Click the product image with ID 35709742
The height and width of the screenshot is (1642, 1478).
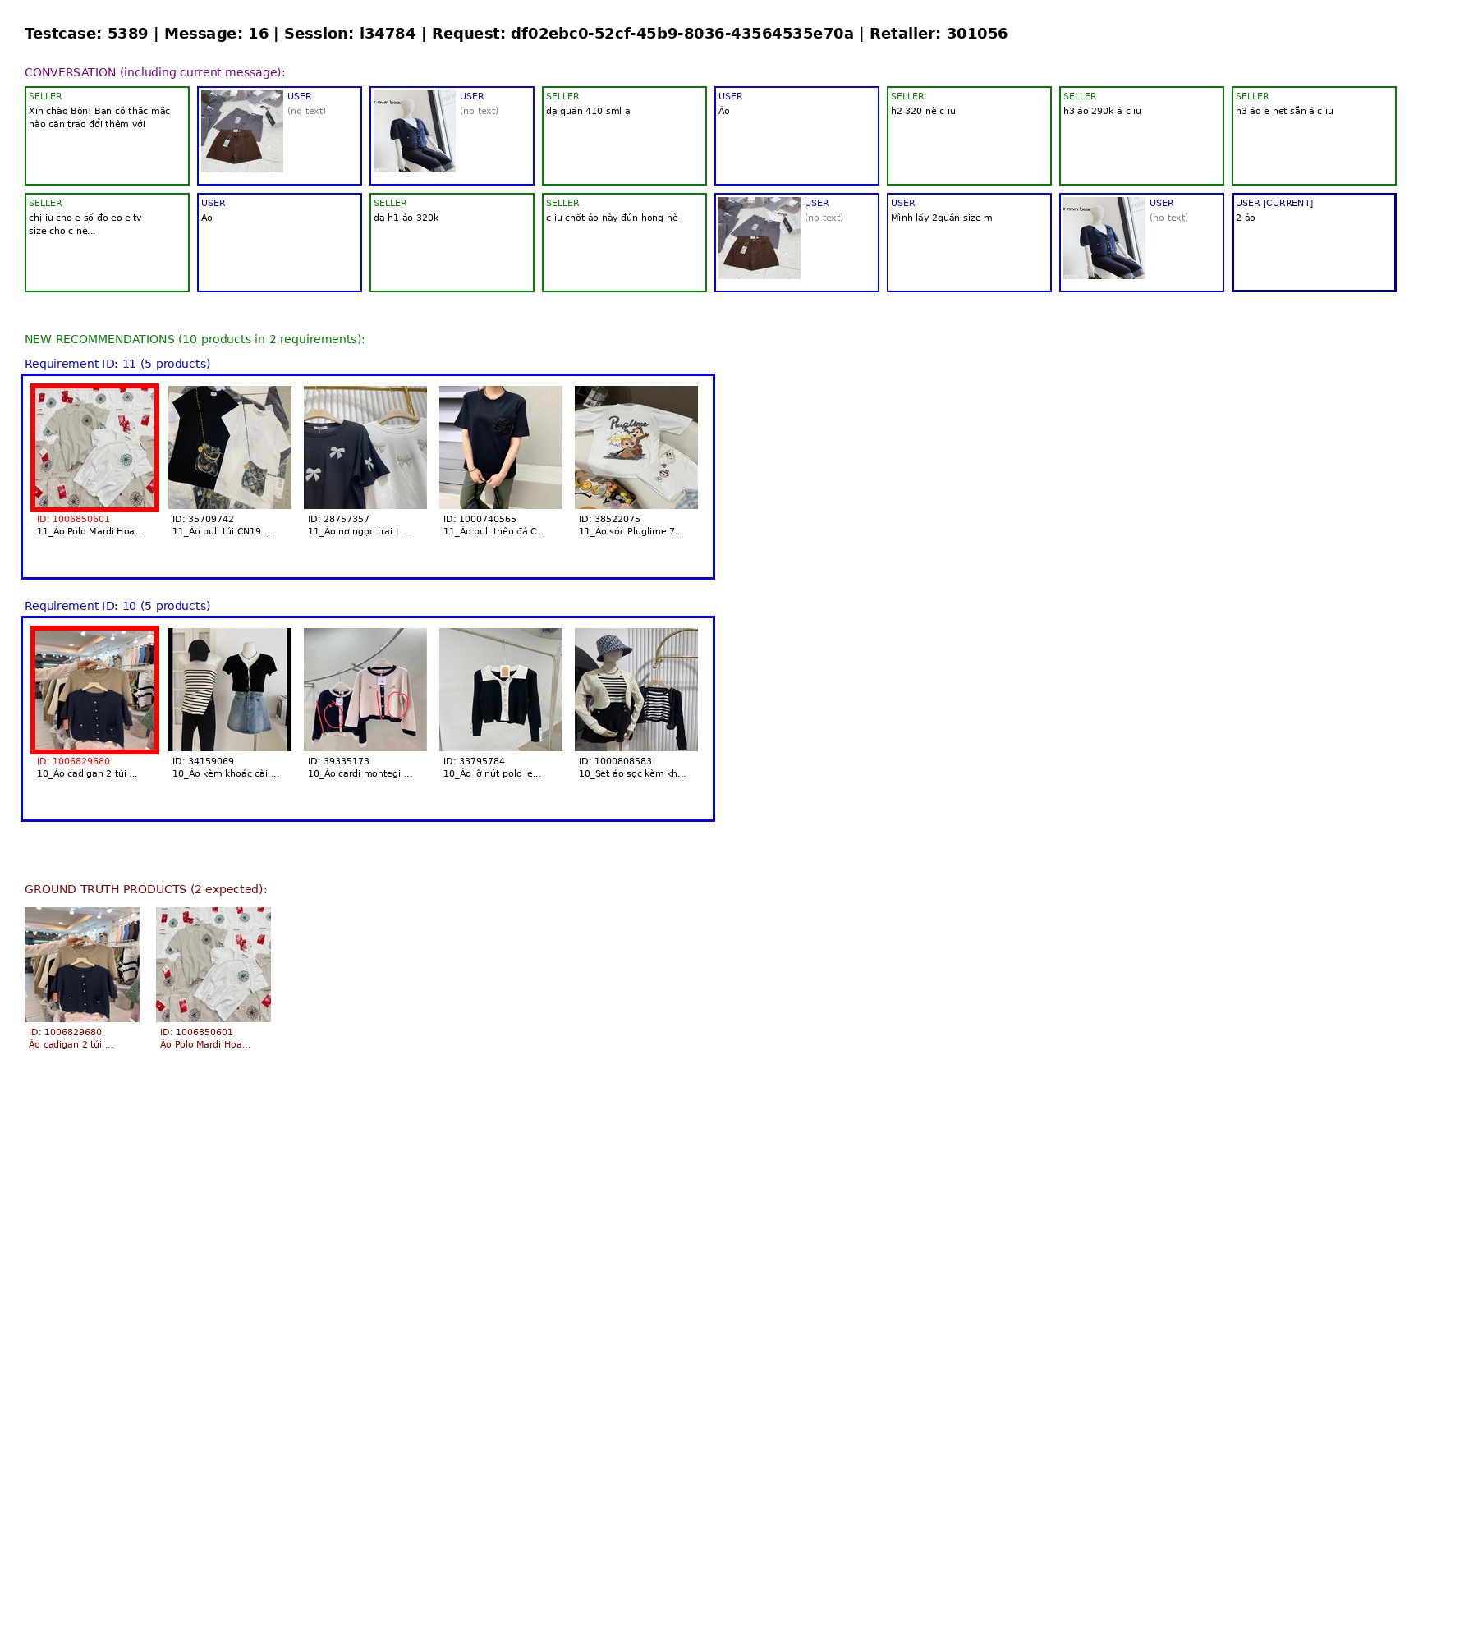click(x=230, y=447)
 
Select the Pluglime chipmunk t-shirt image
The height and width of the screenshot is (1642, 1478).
click(x=636, y=447)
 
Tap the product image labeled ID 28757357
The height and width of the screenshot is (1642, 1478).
click(x=365, y=447)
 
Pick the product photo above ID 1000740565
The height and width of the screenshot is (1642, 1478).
click(x=501, y=447)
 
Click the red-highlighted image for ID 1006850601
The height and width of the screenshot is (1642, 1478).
click(x=94, y=447)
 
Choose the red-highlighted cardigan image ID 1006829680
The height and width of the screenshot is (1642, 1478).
click(x=94, y=690)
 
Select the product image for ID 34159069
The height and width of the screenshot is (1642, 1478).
click(x=230, y=690)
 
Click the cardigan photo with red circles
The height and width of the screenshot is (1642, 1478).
click(x=365, y=690)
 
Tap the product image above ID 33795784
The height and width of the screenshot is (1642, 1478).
click(x=501, y=690)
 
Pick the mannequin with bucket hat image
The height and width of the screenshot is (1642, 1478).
click(x=636, y=690)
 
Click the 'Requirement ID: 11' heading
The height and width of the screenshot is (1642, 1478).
click(x=117, y=364)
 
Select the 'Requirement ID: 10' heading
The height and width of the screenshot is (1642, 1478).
click(x=117, y=606)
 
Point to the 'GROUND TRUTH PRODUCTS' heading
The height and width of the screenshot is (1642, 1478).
click(x=145, y=889)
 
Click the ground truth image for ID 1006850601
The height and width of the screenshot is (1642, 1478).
click(x=213, y=965)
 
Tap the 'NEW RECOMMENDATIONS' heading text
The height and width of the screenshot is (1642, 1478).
click(x=195, y=339)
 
